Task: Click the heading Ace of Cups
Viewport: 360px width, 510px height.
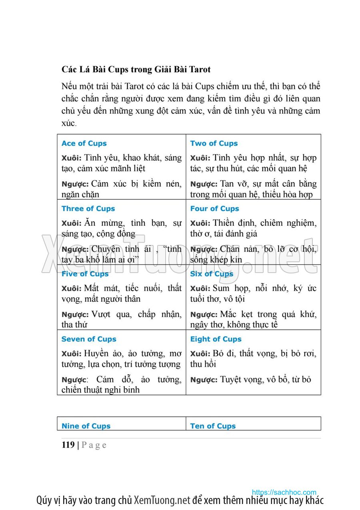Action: click(x=84, y=143)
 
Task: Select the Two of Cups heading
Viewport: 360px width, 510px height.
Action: click(x=214, y=143)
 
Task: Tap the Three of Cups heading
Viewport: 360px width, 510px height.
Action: click(x=88, y=209)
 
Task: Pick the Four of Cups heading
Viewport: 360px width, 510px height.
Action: click(x=214, y=209)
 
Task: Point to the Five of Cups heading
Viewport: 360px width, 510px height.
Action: click(x=85, y=274)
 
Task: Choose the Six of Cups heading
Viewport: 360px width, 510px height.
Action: click(x=212, y=274)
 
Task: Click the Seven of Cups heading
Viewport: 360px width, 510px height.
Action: click(x=89, y=339)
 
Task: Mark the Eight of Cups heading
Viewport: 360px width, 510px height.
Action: click(x=216, y=339)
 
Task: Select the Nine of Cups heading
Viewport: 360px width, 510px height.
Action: click(x=86, y=426)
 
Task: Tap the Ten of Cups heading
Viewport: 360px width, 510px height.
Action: click(x=213, y=426)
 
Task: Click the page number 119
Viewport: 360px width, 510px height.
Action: click(x=68, y=445)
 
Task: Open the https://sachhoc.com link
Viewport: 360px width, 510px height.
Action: click(x=284, y=492)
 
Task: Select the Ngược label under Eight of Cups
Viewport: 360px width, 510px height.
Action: click(x=204, y=380)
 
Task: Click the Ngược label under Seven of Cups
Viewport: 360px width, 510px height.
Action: click(x=75, y=380)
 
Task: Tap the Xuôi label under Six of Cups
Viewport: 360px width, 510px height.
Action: click(x=200, y=289)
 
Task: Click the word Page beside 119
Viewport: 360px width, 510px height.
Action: click(x=94, y=445)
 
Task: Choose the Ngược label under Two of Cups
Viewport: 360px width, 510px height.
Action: click(x=204, y=185)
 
